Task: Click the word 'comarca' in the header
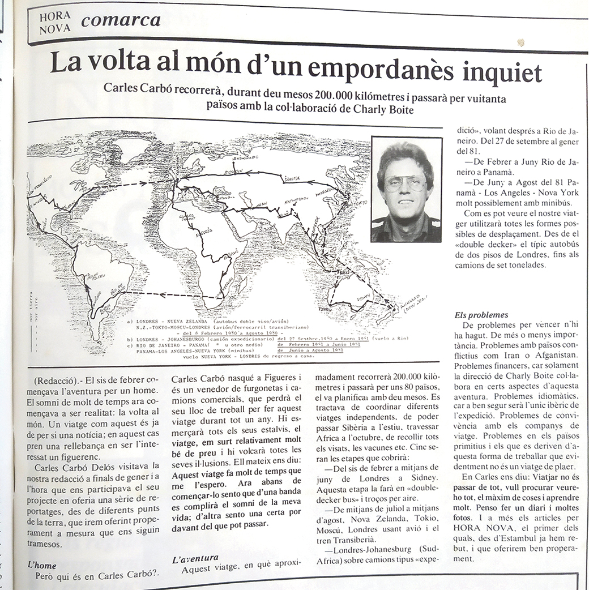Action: (120, 20)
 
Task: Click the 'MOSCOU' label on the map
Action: (230, 169)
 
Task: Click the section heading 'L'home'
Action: (42, 565)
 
